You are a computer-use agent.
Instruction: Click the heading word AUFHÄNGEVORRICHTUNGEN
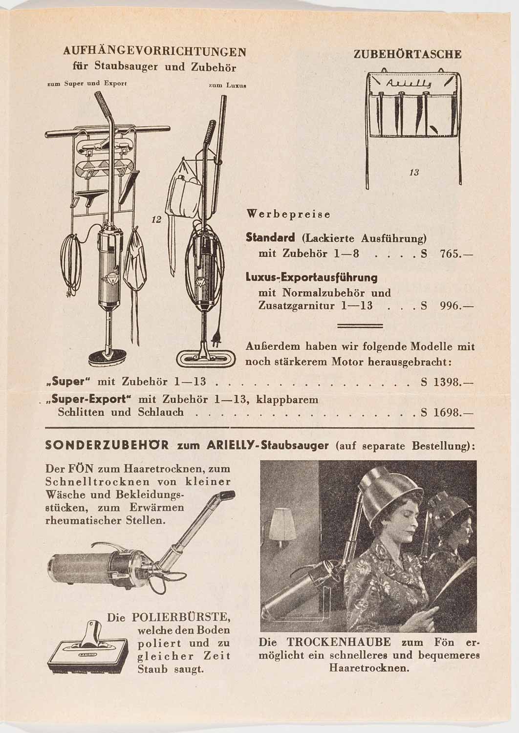[154, 52]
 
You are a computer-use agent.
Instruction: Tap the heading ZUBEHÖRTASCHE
[407, 54]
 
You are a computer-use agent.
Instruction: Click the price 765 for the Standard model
[451, 254]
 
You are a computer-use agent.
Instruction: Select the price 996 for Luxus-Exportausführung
[451, 306]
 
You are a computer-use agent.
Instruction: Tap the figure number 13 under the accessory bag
[414, 172]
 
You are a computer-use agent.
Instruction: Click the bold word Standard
[270, 238]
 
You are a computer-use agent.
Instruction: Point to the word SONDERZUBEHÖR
[107, 446]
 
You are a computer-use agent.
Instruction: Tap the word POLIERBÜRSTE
[181, 617]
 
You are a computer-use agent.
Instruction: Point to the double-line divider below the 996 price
[360, 326]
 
